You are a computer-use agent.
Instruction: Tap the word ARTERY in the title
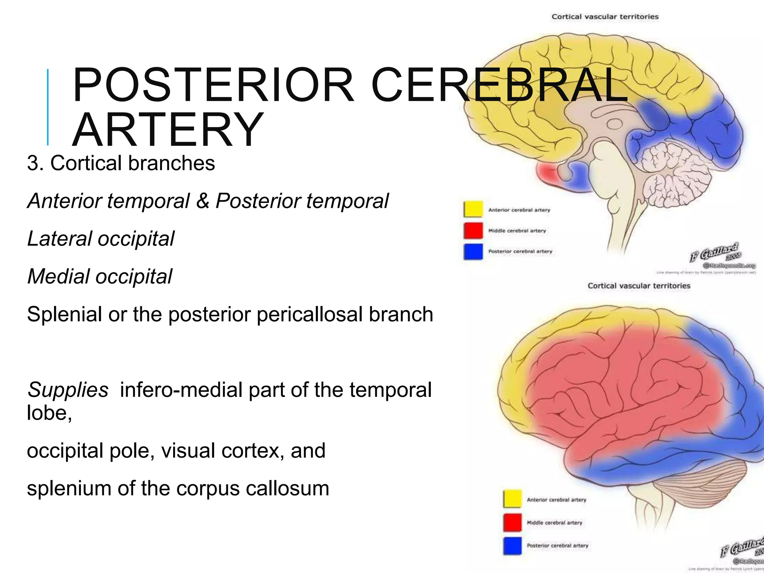[168, 130]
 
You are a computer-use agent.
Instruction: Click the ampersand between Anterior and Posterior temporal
[203, 201]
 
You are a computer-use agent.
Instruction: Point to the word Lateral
[59, 239]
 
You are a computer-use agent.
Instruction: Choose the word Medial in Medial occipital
[57, 276]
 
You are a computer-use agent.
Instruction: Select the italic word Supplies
[68, 390]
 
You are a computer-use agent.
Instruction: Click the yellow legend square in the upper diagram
[473, 209]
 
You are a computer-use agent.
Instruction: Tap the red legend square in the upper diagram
[473, 230]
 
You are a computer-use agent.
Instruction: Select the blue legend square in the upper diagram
[473, 251]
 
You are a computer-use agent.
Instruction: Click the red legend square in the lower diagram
[513, 522]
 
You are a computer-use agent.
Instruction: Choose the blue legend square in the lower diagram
[513, 545]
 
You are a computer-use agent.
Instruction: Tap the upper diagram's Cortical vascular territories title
[605, 17]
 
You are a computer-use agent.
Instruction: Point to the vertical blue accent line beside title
[48, 107]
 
